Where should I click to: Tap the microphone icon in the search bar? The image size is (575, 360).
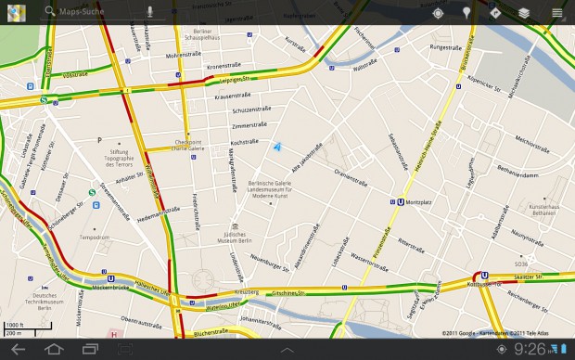(149, 13)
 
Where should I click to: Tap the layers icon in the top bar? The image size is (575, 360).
(524, 13)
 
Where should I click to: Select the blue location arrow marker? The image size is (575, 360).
(277, 146)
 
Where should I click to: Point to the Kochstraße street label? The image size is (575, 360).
(243, 142)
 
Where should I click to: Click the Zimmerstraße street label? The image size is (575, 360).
(249, 125)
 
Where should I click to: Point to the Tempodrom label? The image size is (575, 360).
(95, 236)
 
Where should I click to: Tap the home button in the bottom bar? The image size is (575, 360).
(54, 349)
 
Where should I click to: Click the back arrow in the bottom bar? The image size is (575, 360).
(17, 349)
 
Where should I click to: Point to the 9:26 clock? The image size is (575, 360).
(530, 349)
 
